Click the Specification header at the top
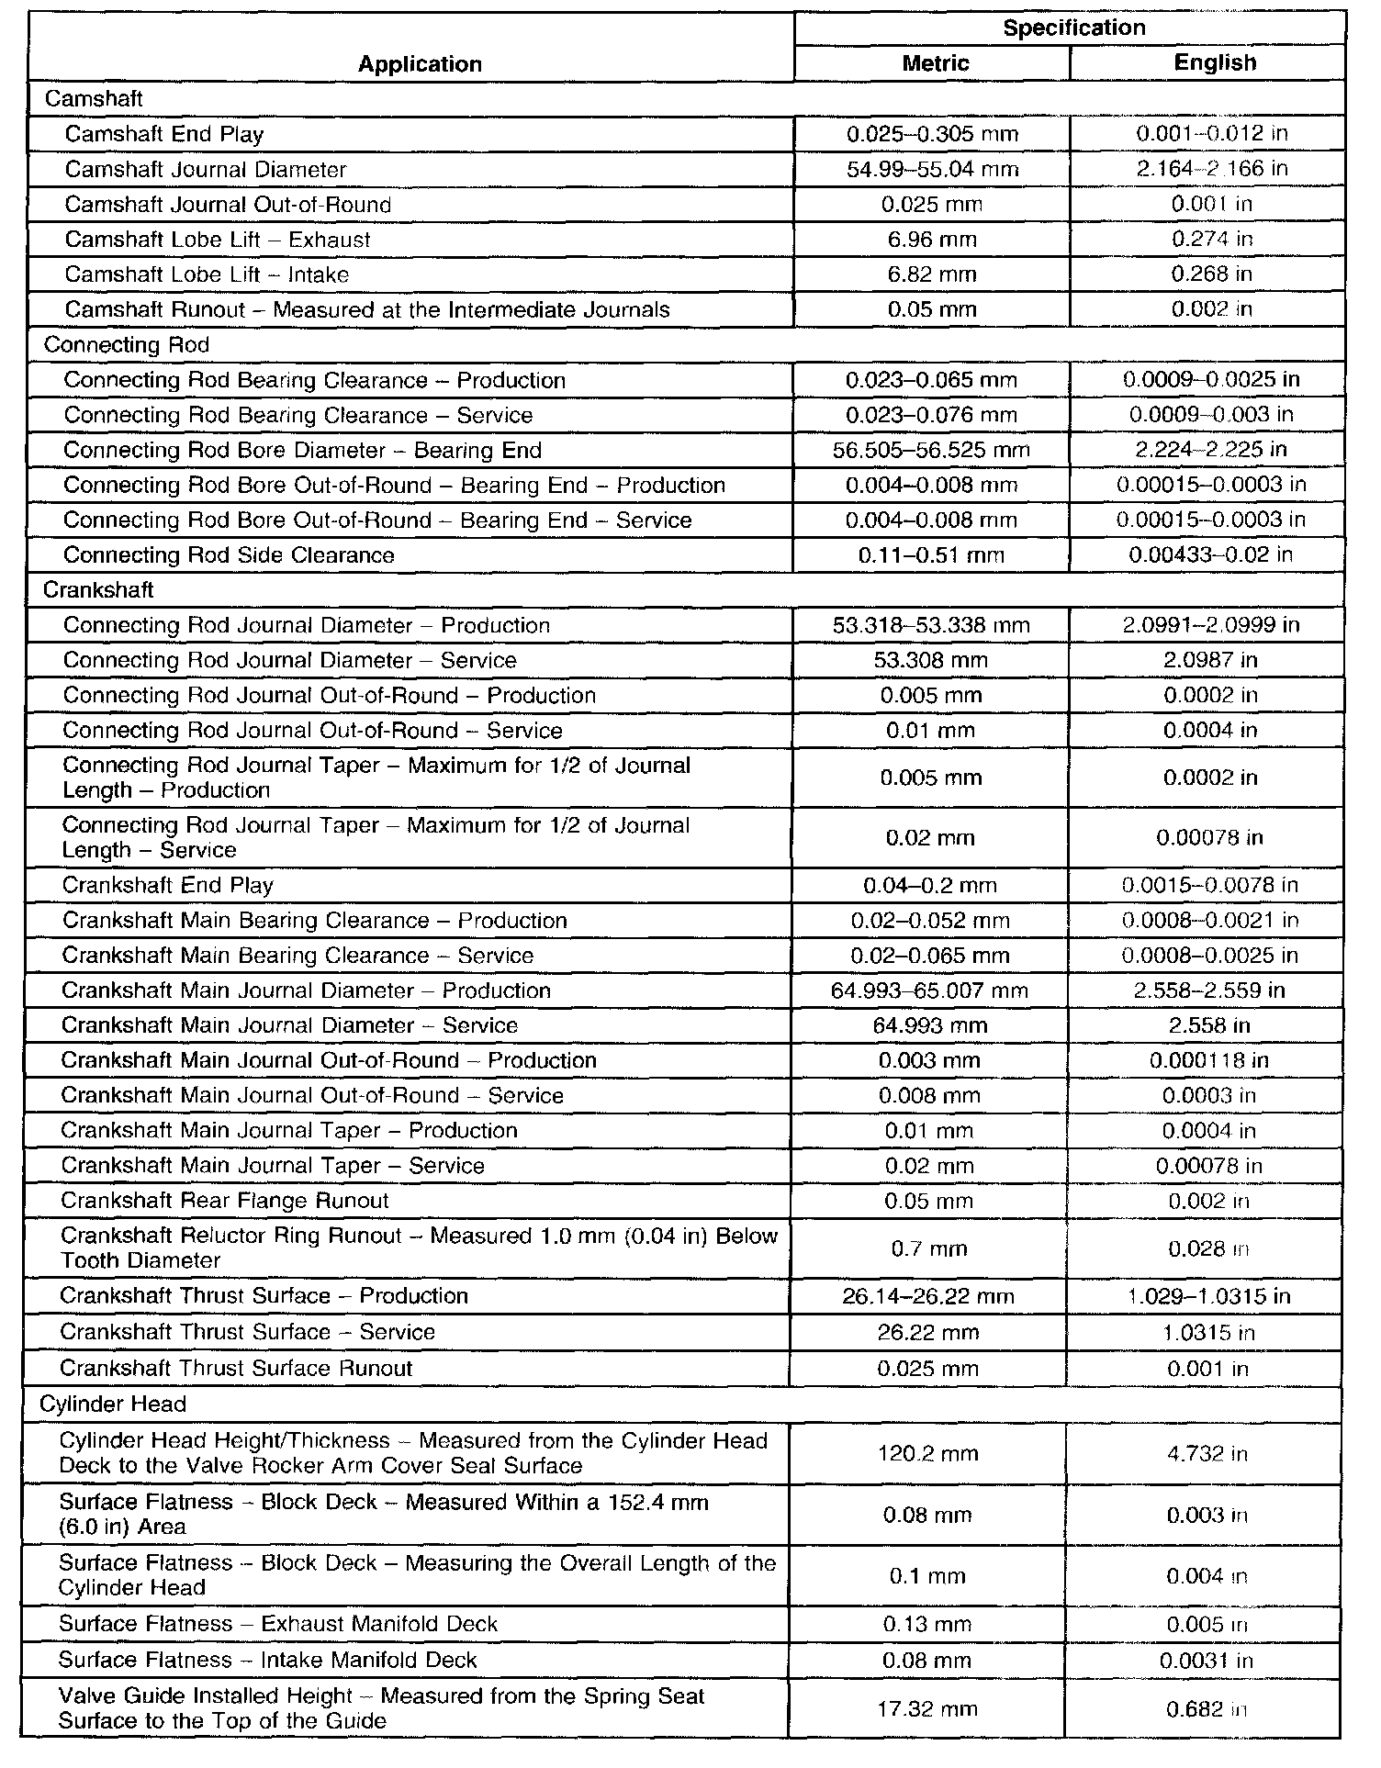click(x=1073, y=28)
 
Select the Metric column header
click(x=935, y=62)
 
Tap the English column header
click(x=1214, y=62)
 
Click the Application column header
click(x=420, y=63)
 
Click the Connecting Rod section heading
click(x=127, y=345)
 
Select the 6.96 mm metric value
click(x=932, y=240)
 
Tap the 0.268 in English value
click(x=1211, y=274)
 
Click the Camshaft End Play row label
click(x=164, y=134)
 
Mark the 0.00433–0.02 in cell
click(x=1210, y=554)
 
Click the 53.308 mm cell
click(x=931, y=660)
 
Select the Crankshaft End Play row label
click(x=168, y=885)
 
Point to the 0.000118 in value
click(x=1209, y=1060)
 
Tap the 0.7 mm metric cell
click(x=929, y=1248)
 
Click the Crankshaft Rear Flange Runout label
click(x=225, y=1201)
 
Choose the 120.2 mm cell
click(x=928, y=1453)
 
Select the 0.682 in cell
click(x=1207, y=1708)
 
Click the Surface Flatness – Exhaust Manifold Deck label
click(x=278, y=1624)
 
